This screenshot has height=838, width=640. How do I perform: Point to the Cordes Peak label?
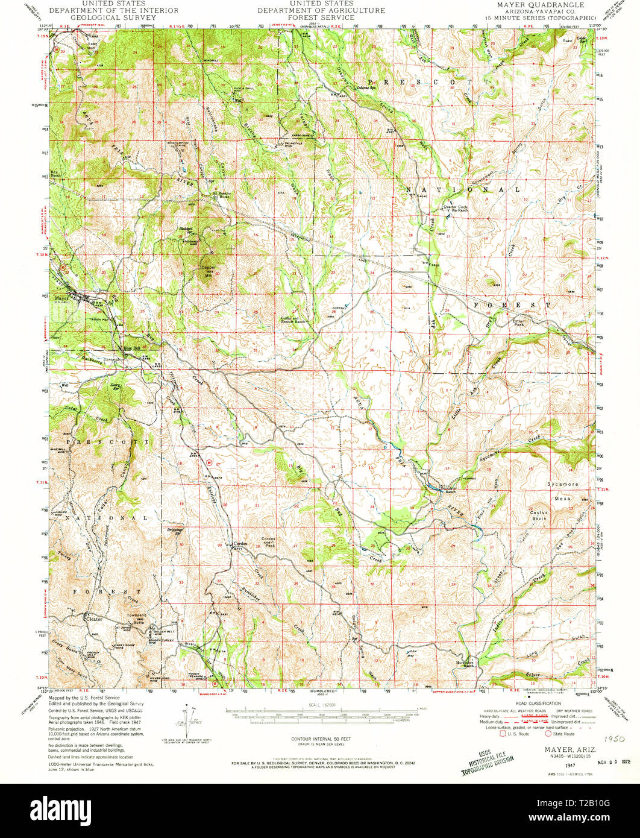268,541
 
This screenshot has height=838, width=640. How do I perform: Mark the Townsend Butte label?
136,618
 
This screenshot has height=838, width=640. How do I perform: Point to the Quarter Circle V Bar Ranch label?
456,209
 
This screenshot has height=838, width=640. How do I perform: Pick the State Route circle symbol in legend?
548,734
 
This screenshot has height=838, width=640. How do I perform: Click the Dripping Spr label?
175,532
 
